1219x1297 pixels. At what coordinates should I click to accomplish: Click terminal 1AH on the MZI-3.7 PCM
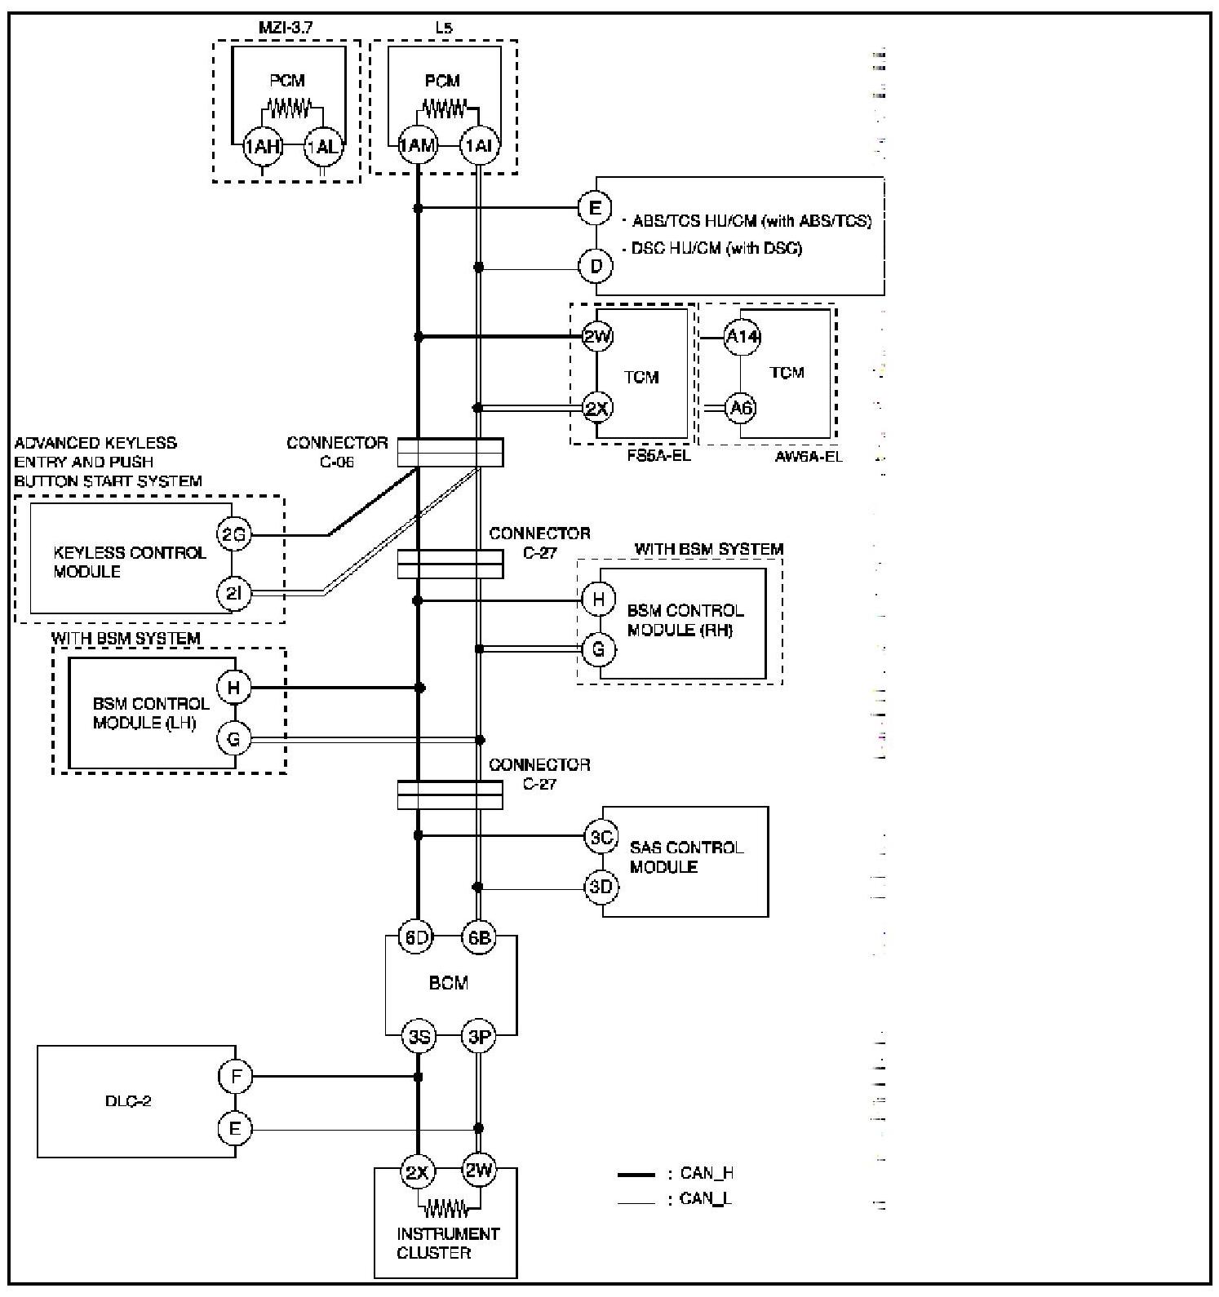(262, 147)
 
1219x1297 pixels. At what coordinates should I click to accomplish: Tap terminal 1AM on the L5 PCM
(418, 147)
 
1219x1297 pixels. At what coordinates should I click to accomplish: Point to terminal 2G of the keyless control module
(234, 535)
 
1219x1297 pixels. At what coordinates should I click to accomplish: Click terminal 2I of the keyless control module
(234, 594)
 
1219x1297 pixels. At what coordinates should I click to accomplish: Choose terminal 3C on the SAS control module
(601, 837)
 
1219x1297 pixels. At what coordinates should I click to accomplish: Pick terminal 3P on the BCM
(479, 1038)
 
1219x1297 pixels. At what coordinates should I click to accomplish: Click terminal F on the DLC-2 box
(236, 1077)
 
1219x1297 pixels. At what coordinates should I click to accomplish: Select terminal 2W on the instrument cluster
(479, 1172)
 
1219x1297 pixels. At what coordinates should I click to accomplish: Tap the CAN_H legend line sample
(636, 1175)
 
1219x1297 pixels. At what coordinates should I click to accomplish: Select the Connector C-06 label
(337, 452)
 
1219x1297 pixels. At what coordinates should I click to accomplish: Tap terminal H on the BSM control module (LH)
(234, 688)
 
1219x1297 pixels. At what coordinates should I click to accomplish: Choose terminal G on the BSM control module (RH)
(599, 649)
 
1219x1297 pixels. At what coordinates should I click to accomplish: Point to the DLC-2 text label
(128, 1101)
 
